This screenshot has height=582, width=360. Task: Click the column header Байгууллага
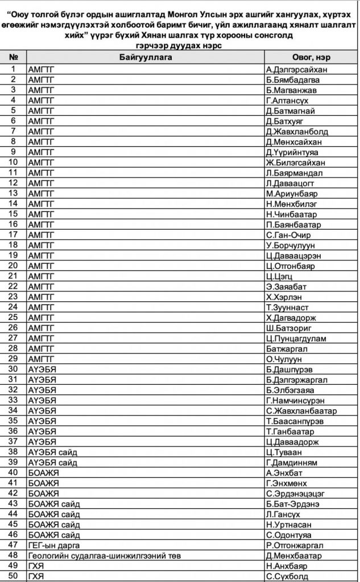(x=146, y=57)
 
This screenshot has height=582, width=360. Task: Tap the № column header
(x=14, y=57)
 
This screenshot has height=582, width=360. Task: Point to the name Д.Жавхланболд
(x=297, y=131)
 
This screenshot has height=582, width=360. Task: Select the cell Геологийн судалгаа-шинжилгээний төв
(x=104, y=555)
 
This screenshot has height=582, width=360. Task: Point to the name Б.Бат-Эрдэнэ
(x=293, y=503)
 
